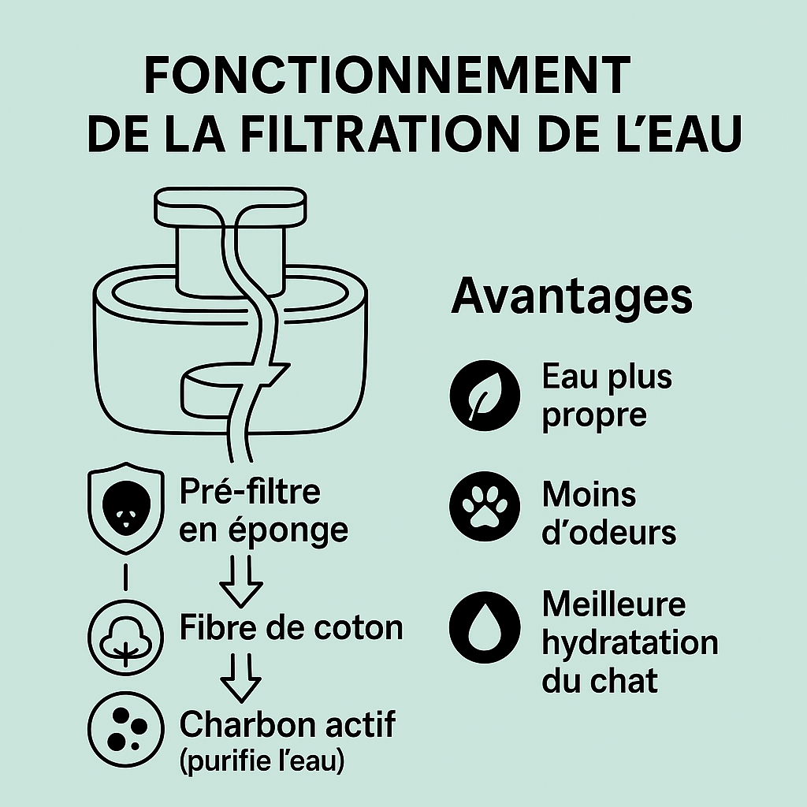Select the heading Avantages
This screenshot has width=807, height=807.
pos(572,297)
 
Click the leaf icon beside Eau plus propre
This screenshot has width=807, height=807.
pos(485,396)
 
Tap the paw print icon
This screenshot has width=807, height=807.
pos(485,506)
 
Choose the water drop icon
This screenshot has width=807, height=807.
pos(485,627)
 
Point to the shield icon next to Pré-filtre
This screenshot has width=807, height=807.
pos(126,508)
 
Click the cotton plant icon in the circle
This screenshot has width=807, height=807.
pos(125,638)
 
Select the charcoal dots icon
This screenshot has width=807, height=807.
pos(125,729)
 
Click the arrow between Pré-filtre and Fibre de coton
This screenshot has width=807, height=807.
pos(241,581)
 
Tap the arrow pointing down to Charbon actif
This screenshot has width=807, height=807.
pos(241,677)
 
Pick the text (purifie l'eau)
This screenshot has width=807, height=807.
pos(262,761)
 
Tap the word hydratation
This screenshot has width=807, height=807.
pos(630,644)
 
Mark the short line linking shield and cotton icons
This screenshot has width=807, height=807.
pos(125,576)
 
